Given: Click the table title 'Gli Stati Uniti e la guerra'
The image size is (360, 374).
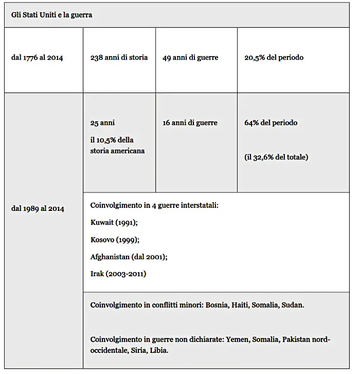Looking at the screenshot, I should [x=52, y=15].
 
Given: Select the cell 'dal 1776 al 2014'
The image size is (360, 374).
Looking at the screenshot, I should [x=37, y=58].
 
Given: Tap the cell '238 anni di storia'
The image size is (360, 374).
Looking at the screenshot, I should [x=119, y=58].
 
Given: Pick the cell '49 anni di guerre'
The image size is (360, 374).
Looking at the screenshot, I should [x=190, y=58].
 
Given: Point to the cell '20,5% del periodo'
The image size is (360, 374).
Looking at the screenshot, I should [x=274, y=58].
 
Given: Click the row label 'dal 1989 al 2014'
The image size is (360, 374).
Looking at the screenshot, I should [x=38, y=208].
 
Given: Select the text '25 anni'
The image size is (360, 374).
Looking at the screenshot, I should [x=102, y=123].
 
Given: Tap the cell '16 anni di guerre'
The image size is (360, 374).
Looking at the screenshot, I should [x=190, y=123].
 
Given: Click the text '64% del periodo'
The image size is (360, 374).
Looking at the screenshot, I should [x=271, y=123].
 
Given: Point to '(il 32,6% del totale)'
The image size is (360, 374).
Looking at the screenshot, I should [x=276, y=157].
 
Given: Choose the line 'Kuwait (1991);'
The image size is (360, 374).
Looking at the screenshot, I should [x=114, y=222].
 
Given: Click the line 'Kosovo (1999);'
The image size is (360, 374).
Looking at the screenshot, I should [x=115, y=239].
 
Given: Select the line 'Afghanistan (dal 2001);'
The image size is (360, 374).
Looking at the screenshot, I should [x=129, y=257].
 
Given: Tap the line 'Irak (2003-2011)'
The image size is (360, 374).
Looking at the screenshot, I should [x=118, y=274].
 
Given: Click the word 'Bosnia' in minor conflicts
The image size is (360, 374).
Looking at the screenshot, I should [x=216, y=305].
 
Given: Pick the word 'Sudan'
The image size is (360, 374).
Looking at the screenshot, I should [x=293, y=305].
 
